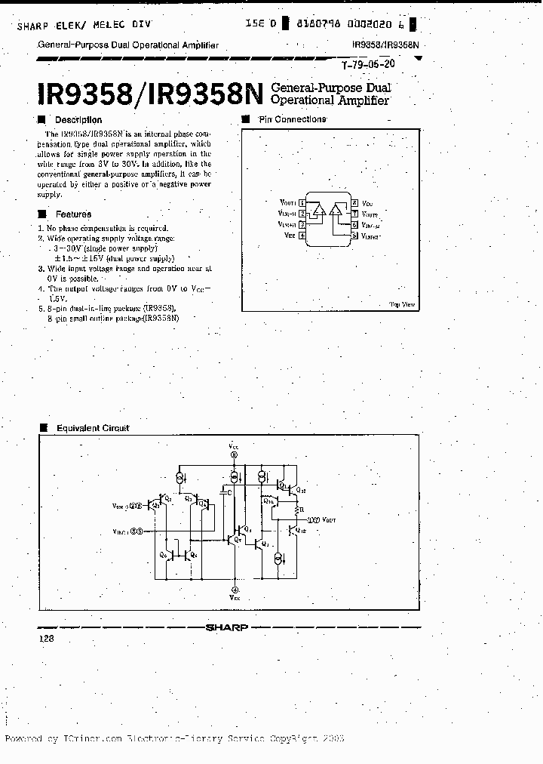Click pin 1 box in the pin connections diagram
coord(302,204)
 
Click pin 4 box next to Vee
coord(302,236)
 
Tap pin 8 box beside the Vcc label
coord(354,204)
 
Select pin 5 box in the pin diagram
coord(354,236)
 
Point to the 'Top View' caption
coord(402,304)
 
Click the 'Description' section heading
coord(78,120)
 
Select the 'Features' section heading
coord(73,214)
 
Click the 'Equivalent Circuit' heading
coord(93,428)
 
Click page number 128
coord(45,639)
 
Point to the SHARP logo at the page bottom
coord(227,627)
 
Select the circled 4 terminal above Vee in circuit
coord(235,590)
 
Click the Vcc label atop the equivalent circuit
coord(234,447)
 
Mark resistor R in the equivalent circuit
coord(302,510)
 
